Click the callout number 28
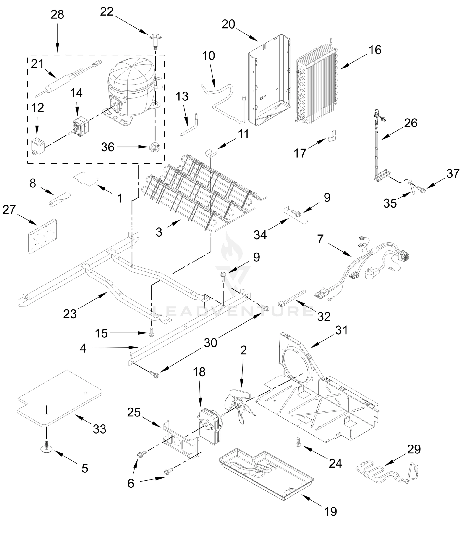click(x=57, y=15)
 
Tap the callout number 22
click(x=107, y=11)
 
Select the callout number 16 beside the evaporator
click(x=375, y=50)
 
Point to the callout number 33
click(x=99, y=429)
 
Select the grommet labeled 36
click(x=154, y=147)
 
